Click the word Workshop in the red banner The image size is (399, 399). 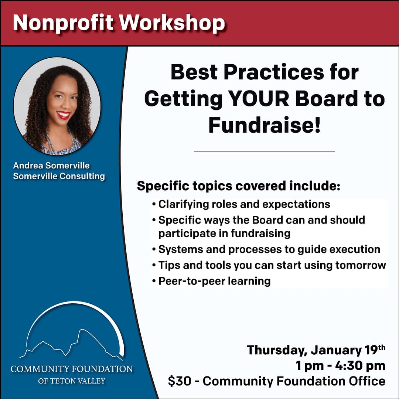pyautogui.click(x=172, y=23)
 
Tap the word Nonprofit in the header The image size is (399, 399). pyautogui.click(x=64, y=23)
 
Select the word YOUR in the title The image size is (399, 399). pyautogui.click(x=259, y=99)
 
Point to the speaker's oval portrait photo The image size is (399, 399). pyautogui.click(x=57, y=106)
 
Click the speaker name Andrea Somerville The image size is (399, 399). pyautogui.click(x=51, y=166)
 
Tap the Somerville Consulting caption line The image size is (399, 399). pyautogui.click(x=59, y=176)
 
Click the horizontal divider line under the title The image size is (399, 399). pyautogui.click(x=265, y=151)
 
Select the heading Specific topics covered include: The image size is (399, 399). pyautogui.click(x=239, y=186)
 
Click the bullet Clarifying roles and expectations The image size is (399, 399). pyautogui.click(x=241, y=204)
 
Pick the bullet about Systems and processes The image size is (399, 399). pyautogui.click(x=266, y=249)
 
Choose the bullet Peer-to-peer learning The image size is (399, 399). pyautogui.click(x=211, y=281)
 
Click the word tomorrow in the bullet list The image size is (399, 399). pyautogui.click(x=361, y=265)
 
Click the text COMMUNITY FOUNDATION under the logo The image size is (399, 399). pyautogui.click(x=72, y=369)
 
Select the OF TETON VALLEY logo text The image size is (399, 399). pyautogui.click(x=72, y=381)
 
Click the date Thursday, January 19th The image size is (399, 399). pyautogui.click(x=316, y=350)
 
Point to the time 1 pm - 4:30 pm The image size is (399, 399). pyautogui.click(x=341, y=366)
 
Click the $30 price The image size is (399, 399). pyautogui.click(x=180, y=381)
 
